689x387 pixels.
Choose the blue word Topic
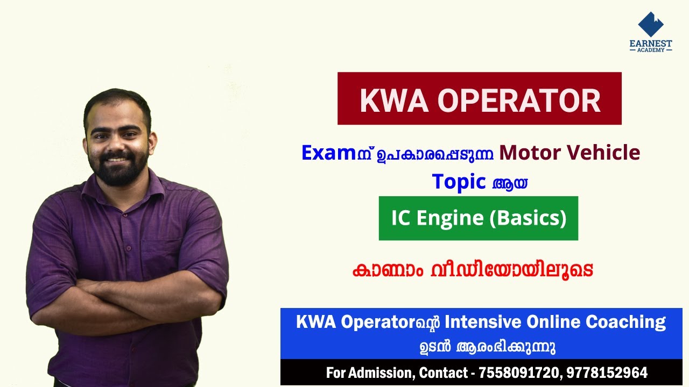[459, 182]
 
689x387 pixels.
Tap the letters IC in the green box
[399, 218]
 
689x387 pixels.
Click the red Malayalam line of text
[473, 270]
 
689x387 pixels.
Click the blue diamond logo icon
[650, 24]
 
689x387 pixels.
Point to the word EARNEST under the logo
[650, 43]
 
